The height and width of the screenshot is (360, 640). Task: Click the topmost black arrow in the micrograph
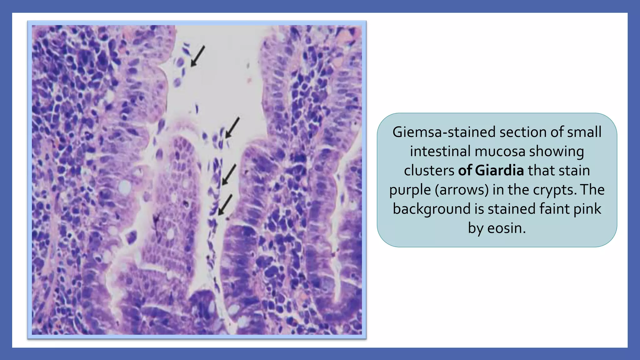(x=198, y=56)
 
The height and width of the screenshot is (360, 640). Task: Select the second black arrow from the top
(x=232, y=127)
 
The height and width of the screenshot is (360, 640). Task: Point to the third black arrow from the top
(x=229, y=175)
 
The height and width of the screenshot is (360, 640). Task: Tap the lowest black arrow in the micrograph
(x=225, y=205)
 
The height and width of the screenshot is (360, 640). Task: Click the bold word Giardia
(x=499, y=171)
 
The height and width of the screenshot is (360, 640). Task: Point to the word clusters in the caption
(x=429, y=171)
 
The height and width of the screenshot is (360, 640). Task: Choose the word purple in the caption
(x=410, y=190)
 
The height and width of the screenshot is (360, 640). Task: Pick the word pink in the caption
(x=587, y=209)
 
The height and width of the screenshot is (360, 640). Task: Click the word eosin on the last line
(x=506, y=228)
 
